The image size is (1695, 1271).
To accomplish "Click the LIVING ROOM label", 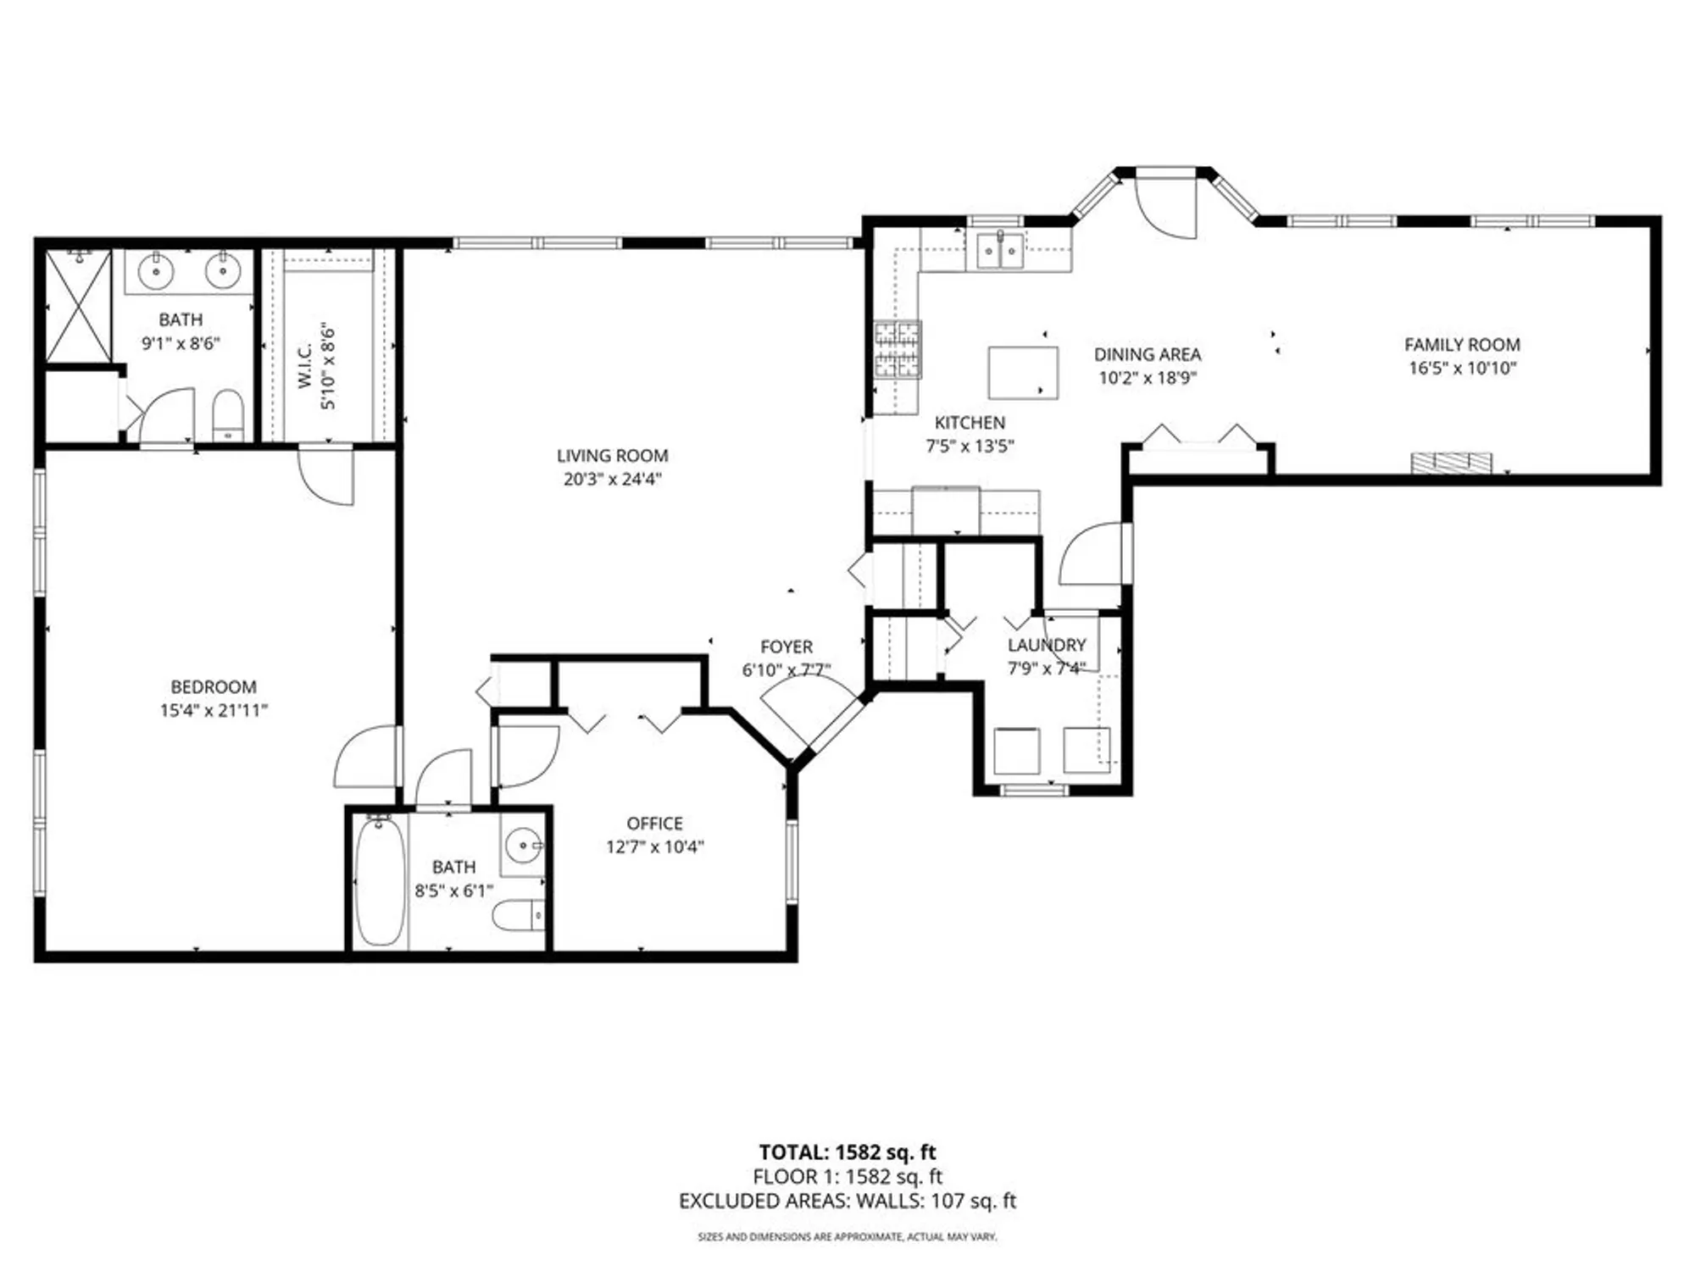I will [612, 456].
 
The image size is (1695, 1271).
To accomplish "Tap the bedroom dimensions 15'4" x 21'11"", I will [214, 710].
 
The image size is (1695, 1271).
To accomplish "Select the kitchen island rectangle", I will [1023, 372].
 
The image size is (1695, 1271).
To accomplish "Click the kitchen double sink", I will [1000, 251].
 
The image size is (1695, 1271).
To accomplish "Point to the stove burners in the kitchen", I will [898, 349].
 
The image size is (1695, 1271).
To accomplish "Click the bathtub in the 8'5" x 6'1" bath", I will [379, 880].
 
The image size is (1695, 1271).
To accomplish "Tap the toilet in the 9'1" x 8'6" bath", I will [227, 415].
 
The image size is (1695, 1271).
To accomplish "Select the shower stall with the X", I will [78, 306].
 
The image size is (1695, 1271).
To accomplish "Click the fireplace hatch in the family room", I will [1451, 463].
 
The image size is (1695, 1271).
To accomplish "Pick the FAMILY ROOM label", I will [1462, 345].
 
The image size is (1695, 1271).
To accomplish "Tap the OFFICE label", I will [654, 824].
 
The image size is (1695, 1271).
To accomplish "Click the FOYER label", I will [786, 647].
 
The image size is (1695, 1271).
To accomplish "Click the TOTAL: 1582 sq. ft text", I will [847, 1152].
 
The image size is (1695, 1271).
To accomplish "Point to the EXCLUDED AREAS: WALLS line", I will [847, 1201].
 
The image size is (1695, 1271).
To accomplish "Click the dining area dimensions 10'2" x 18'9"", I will [1147, 378].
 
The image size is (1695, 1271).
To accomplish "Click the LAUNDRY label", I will [1047, 645].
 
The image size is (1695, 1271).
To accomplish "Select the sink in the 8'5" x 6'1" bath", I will [522, 845].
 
